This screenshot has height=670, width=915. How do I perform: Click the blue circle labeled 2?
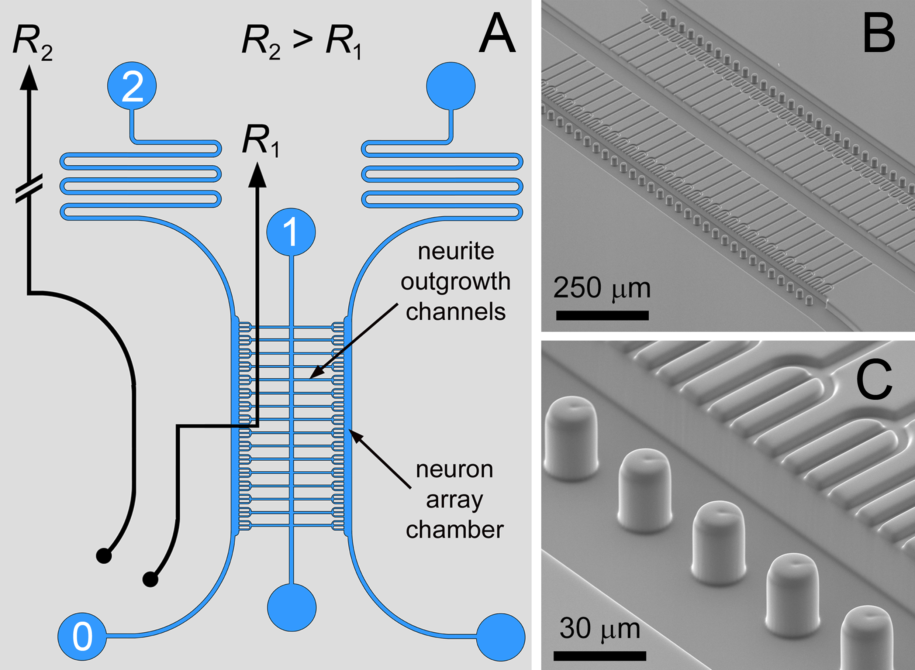(x=132, y=86)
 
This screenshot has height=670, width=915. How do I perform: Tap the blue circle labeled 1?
(x=291, y=232)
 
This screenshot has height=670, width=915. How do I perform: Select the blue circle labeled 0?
(x=82, y=636)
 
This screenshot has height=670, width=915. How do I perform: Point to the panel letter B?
(x=879, y=34)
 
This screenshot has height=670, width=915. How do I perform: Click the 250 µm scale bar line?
(x=602, y=315)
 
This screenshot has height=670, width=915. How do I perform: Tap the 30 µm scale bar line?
(x=600, y=656)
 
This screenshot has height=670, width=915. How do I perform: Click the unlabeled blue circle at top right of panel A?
(x=451, y=86)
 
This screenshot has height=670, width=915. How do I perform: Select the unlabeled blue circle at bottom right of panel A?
(x=501, y=637)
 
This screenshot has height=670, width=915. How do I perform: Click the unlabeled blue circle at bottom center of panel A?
(x=292, y=607)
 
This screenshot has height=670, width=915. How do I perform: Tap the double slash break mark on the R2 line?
(x=29, y=189)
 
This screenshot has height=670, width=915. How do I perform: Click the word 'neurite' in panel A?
(x=456, y=251)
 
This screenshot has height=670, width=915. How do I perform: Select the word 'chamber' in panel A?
(x=455, y=530)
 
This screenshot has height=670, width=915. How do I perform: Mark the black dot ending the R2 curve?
(x=104, y=556)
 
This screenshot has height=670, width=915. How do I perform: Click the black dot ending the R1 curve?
(x=151, y=579)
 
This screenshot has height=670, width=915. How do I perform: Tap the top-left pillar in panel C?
(x=571, y=438)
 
